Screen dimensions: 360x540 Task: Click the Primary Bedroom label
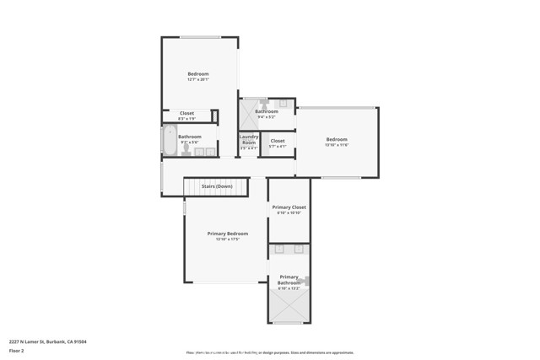click(228, 233)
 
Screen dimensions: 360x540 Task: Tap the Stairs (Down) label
click(217, 186)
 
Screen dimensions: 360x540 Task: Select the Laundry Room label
click(249, 139)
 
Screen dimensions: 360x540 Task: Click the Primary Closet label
click(289, 207)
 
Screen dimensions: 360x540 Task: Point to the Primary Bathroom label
click(289, 280)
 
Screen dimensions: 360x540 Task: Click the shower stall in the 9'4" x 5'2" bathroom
click(250, 112)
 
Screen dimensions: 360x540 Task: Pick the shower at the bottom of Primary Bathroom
click(289, 307)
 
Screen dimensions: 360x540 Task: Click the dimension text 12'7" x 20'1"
click(198, 80)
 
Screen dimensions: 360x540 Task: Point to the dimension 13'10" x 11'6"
click(337, 146)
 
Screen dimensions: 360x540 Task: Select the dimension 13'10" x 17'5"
click(228, 239)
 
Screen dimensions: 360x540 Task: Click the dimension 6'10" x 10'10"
click(289, 212)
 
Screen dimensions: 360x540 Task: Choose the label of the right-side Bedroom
click(337, 139)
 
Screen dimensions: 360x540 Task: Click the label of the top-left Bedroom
click(198, 74)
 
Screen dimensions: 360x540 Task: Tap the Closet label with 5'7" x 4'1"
click(278, 141)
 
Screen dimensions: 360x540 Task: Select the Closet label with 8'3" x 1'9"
click(186, 113)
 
